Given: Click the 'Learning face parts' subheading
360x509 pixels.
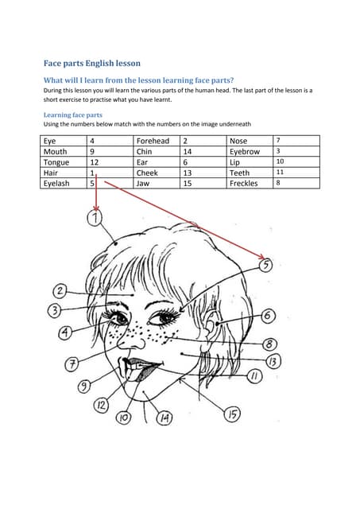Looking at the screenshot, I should click(x=72, y=115).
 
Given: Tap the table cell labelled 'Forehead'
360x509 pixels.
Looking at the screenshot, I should click(x=153, y=141).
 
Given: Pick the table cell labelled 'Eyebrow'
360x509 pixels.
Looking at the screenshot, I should click(x=245, y=151).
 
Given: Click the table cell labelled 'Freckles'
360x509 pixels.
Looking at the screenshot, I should click(x=243, y=183).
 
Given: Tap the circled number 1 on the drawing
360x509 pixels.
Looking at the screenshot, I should click(x=95, y=218).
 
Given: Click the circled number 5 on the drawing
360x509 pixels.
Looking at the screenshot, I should click(x=266, y=264).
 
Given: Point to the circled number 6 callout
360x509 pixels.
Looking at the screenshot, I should click(x=268, y=317).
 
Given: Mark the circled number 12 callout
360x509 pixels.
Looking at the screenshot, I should click(x=102, y=405).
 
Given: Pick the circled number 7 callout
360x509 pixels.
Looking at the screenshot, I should click(x=72, y=364).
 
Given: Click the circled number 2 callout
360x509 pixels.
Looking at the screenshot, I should click(x=60, y=291).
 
